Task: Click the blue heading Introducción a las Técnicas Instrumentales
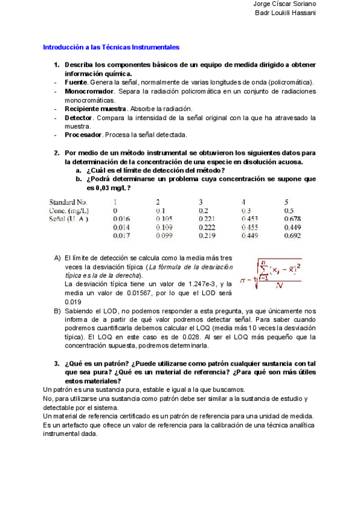tap(111, 47)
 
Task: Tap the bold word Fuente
tap(76, 82)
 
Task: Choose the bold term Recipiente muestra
tap(95, 109)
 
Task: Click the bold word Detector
tap(78, 118)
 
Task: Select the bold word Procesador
tap(83, 135)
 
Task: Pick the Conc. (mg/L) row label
tap(70, 211)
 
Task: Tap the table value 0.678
tap(292, 219)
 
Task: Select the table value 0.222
tap(207, 227)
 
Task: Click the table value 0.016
tap(121, 219)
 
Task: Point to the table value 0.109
tap(164, 227)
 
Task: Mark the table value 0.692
tap(292, 236)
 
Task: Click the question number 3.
tap(56, 364)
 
